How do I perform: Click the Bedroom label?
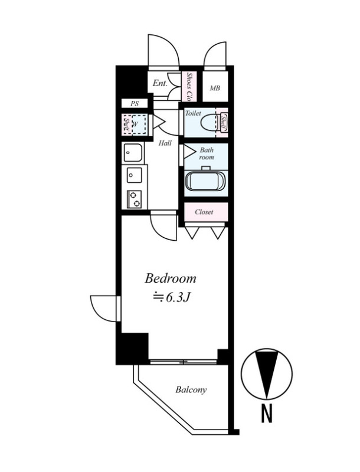click(x=171, y=278)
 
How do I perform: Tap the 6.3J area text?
click(x=172, y=297)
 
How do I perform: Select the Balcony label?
click(x=191, y=390)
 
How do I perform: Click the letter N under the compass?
click(x=267, y=414)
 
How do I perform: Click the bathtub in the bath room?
click(x=206, y=181)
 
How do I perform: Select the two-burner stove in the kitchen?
click(x=134, y=199)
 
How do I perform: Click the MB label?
click(x=215, y=88)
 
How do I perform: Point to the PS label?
click(x=135, y=104)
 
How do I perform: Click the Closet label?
click(x=204, y=212)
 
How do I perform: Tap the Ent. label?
click(x=160, y=83)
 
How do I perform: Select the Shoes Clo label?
click(x=189, y=87)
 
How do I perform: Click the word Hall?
click(x=165, y=143)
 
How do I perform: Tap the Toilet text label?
click(x=193, y=113)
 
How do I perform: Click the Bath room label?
click(x=207, y=153)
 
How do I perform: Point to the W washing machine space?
click(x=139, y=124)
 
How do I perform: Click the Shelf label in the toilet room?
click(x=223, y=123)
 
